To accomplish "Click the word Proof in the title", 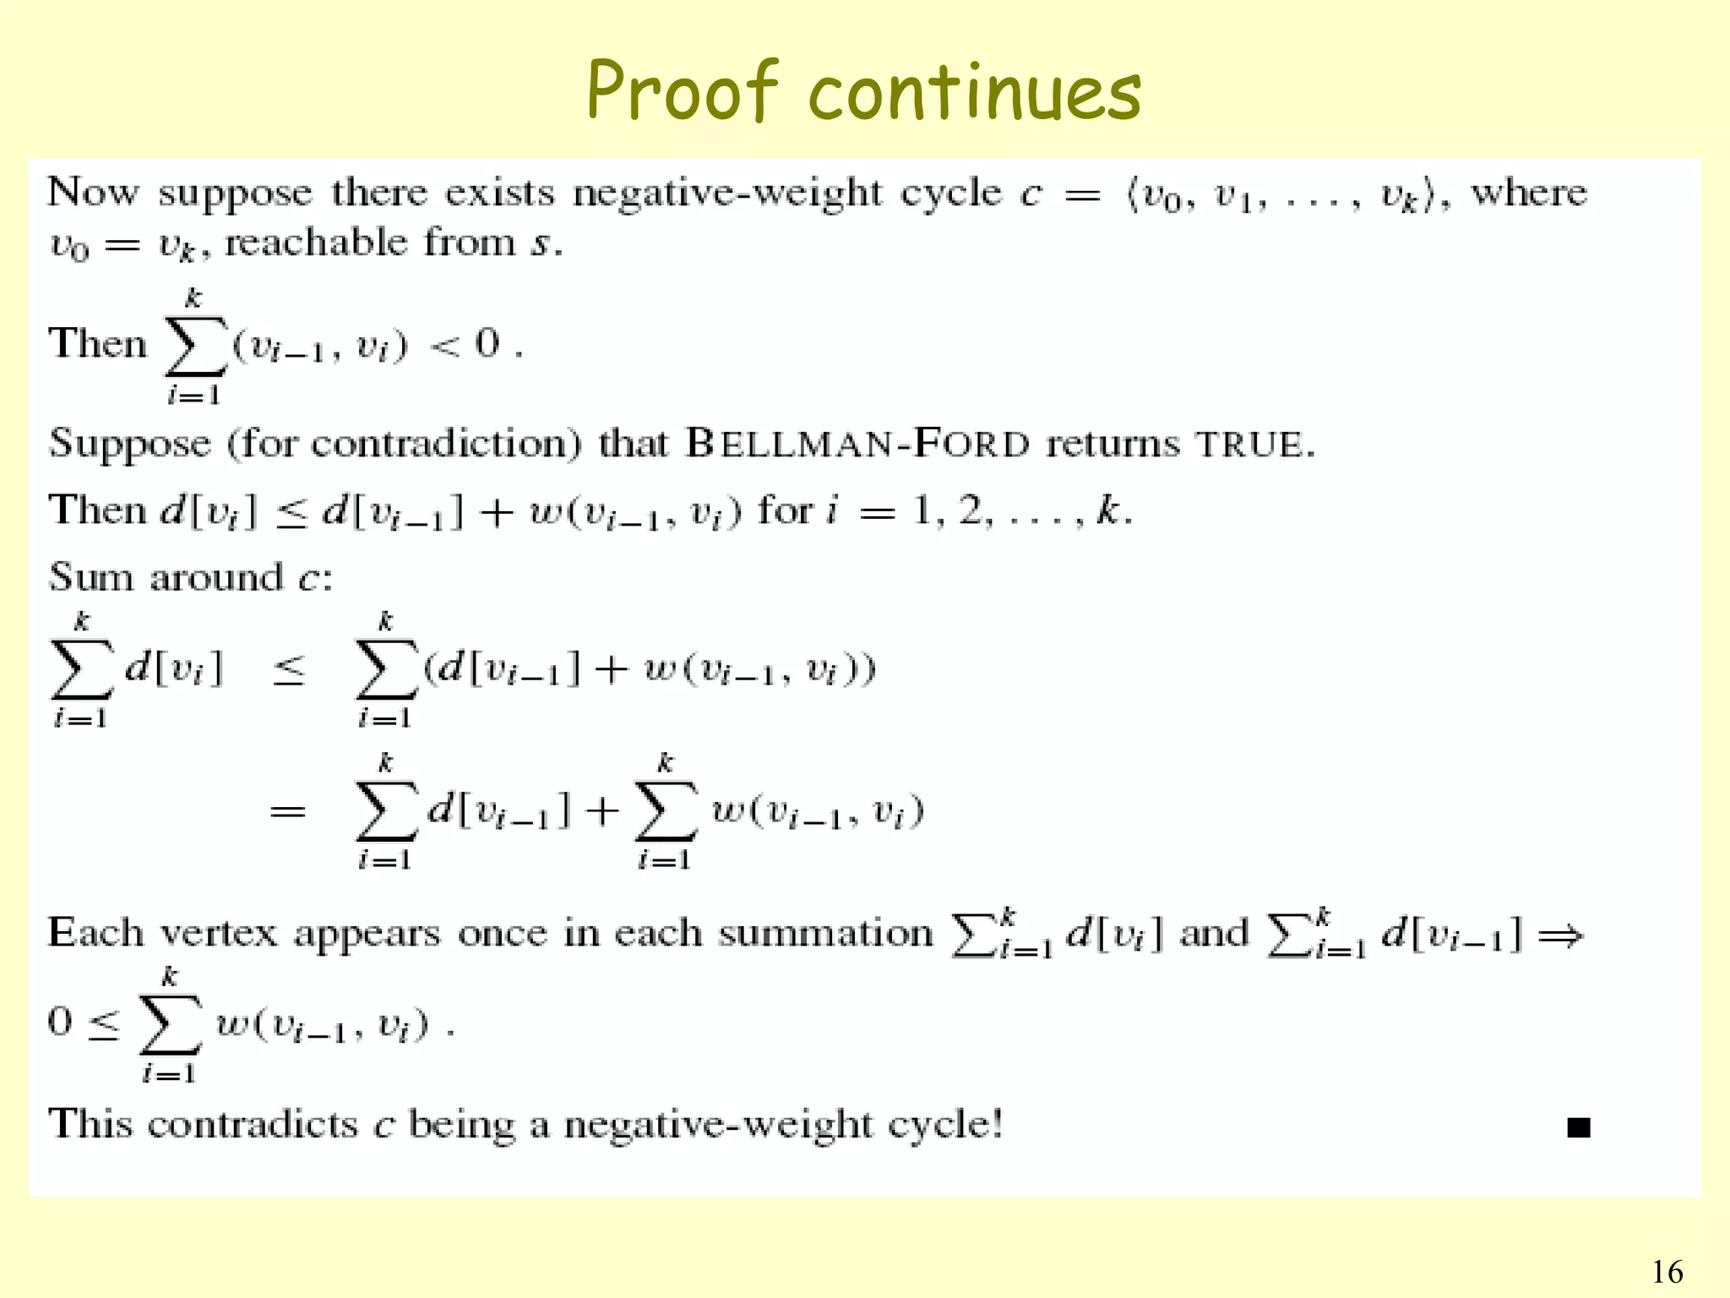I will click(x=681, y=91).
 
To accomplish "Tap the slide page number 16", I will click(x=1667, y=1272).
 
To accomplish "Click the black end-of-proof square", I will click(x=1578, y=1127).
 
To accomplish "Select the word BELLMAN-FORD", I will click(x=857, y=444).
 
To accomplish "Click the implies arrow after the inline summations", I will click(x=1559, y=935).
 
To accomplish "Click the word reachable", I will click(x=316, y=243).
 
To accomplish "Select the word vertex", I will click(x=218, y=934).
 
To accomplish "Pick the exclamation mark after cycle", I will click(x=997, y=1124).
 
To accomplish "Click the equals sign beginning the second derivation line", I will click(x=287, y=812).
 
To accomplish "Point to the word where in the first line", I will click(x=1528, y=194).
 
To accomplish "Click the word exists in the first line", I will click(x=499, y=194).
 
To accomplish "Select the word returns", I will click(x=1112, y=444).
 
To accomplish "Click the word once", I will click(x=502, y=934).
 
